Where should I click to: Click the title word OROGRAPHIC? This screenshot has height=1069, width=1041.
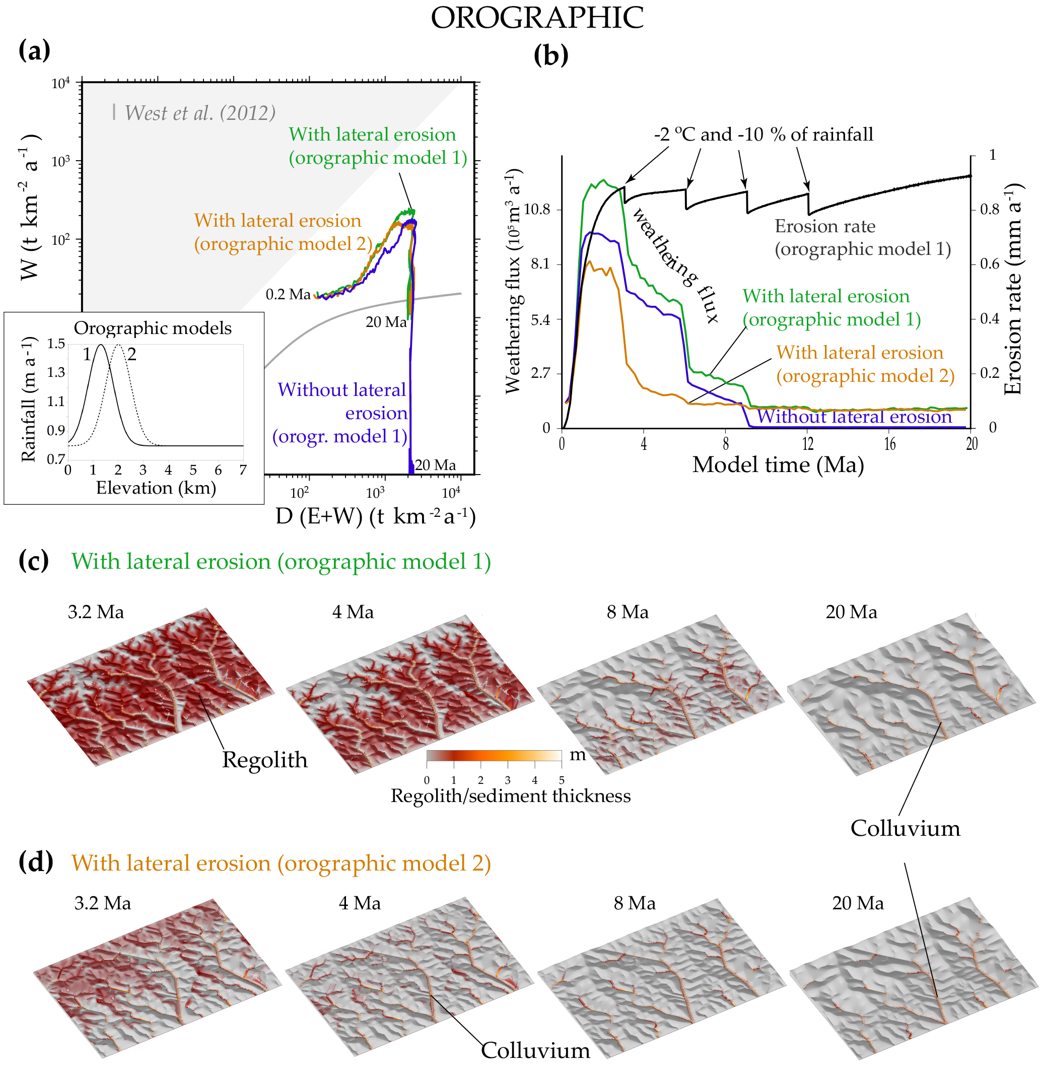pos(537,18)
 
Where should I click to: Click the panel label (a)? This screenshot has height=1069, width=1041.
pos(34,51)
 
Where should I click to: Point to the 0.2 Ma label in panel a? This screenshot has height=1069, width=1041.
pos(288,294)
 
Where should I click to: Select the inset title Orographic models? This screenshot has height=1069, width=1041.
pos(153,327)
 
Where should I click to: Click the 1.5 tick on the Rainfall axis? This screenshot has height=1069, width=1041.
pos(56,344)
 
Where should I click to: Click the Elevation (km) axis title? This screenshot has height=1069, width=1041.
pos(156,487)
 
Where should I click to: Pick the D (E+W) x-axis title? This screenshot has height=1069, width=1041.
pos(375,516)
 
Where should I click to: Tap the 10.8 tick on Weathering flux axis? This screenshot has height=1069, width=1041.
pos(537,210)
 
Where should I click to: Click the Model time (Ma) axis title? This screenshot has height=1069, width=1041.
pos(778,465)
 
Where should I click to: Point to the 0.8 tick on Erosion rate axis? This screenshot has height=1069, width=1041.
pos(990,210)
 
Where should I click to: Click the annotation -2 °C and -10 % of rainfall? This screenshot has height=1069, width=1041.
pos(764,135)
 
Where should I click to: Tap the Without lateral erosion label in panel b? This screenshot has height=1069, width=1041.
pos(854,417)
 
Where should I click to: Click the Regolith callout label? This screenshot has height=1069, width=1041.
pos(264,760)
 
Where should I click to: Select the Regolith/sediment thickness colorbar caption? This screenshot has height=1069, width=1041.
pos(510,795)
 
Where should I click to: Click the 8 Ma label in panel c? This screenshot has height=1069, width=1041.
pos(627,612)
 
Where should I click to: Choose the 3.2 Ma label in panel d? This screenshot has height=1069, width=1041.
pos(102,903)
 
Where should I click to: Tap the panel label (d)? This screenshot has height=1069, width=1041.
pos(36,862)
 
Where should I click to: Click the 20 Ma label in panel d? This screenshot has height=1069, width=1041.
pos(857,903)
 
